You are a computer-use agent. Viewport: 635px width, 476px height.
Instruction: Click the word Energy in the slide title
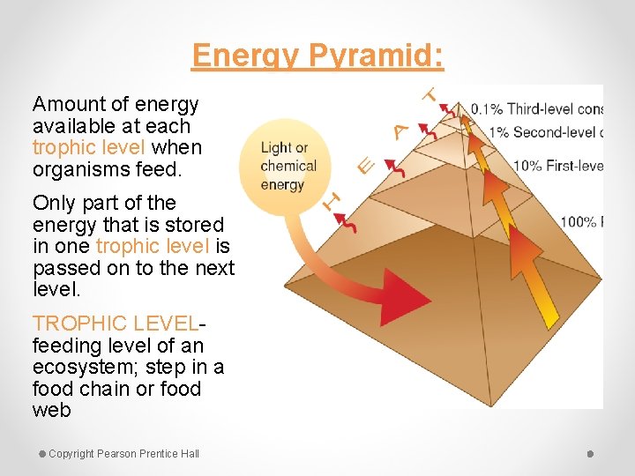click(x=248, y=56)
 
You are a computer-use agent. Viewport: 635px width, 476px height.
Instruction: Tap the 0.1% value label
click(x=486, y=110)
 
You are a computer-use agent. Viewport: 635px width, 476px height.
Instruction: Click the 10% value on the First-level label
click(x=527, y=166)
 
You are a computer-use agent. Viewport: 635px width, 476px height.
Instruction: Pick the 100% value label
click(x=578, y=221)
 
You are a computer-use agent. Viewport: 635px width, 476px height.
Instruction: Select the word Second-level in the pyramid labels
click(x=554, y=133)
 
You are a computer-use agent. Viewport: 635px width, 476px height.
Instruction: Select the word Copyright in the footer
click(x=71, y=454)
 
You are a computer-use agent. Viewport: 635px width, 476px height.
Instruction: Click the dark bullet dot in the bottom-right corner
click(x=590, y=454)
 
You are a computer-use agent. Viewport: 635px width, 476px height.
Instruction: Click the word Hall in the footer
click(x=190, y=454)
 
